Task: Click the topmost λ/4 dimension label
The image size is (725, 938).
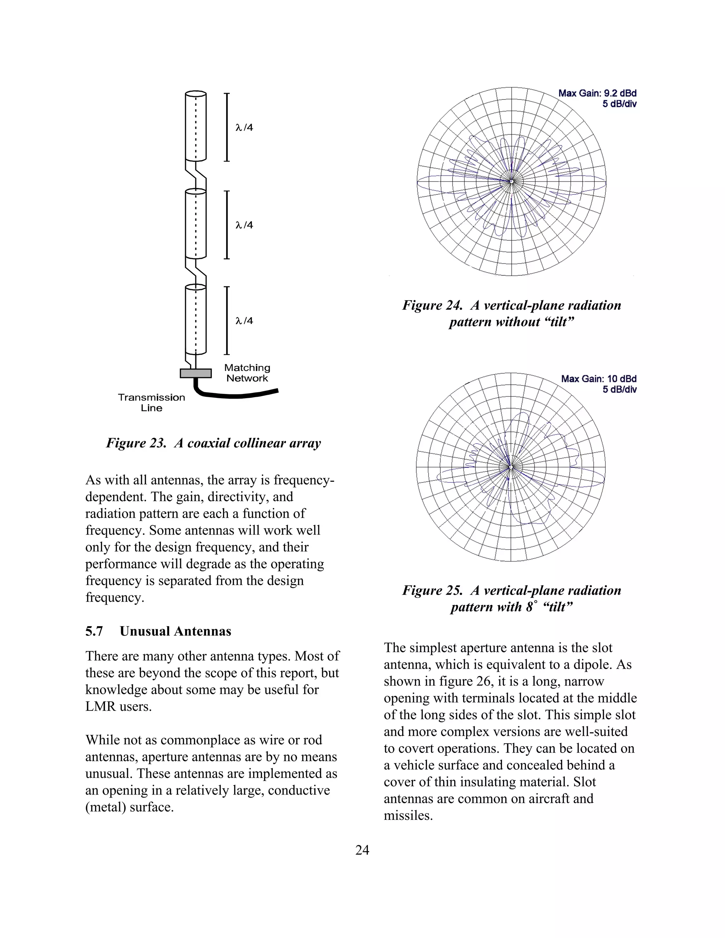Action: (x=244, y=127)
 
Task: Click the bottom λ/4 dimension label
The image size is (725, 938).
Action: (x=244, y=321)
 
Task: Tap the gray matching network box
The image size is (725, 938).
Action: (x=196, y=373)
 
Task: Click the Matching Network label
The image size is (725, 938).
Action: (x=247, y=373)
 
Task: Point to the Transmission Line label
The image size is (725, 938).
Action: (x=152, y=402)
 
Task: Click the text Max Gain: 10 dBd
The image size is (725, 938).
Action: (x=598, y=379)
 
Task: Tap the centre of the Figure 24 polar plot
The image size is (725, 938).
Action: (x=511, y=182)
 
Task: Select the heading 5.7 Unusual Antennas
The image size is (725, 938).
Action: (x=158, y=631)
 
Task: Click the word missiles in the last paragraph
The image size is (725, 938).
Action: (x=408, y=815)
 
